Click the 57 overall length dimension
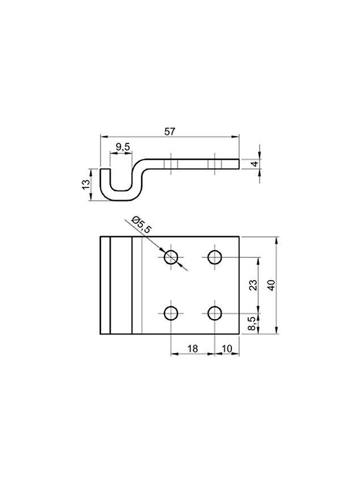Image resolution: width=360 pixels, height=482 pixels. tap(170, 132)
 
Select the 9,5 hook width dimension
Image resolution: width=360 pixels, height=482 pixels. tap(122, 147)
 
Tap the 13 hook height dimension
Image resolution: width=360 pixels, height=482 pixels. tap(86, 184)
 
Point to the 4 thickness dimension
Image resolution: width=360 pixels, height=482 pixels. tap(255, 164)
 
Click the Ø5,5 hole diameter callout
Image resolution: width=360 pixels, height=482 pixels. tap(141, 225)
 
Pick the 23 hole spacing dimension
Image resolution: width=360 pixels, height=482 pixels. tap(253, 285)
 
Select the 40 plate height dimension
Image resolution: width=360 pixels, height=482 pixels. tap(271, 285)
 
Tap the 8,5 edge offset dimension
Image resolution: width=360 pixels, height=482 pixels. tap(252, 324)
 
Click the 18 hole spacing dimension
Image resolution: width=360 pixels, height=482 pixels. tap(192, 349)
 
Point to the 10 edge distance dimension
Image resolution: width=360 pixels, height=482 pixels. tap(227, 349)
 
